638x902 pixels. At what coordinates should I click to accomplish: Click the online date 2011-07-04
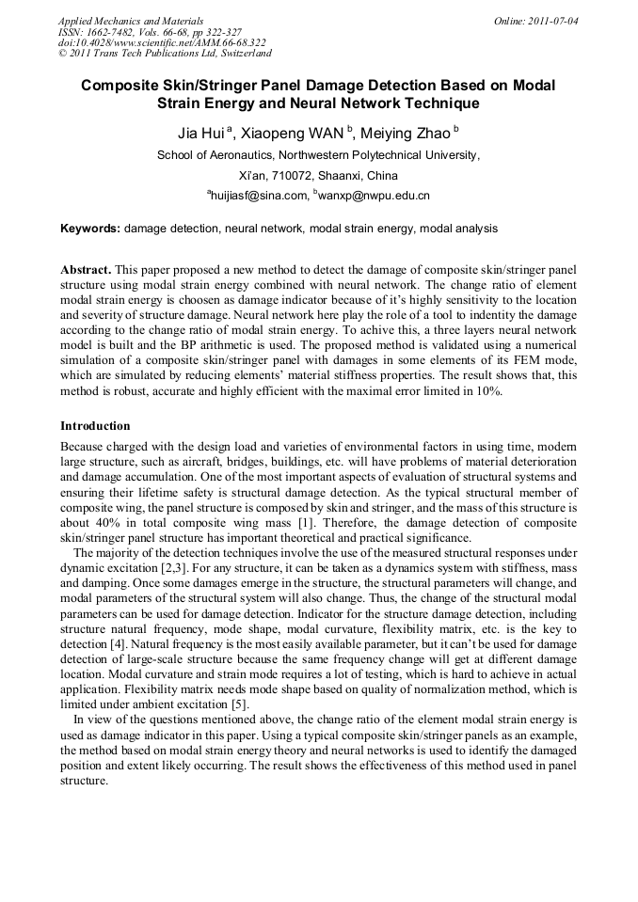click(550, 20)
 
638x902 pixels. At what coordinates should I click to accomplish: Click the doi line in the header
click(161, 42)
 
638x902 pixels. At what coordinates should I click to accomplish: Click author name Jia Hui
click(200, 132)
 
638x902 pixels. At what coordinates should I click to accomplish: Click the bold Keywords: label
click(90, 229)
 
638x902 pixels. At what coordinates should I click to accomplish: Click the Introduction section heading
click(95, 426)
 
